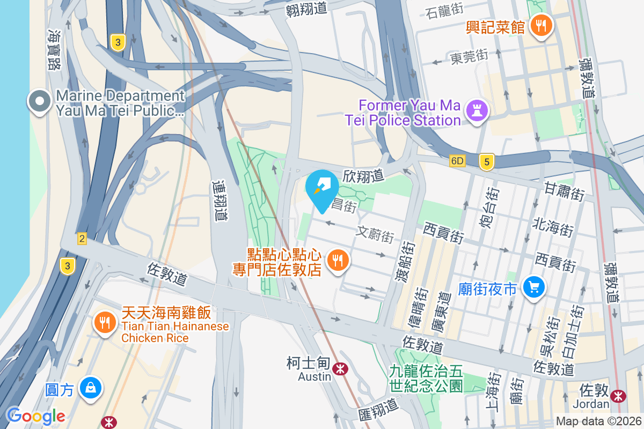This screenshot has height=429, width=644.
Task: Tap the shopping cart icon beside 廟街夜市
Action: coord(534,287)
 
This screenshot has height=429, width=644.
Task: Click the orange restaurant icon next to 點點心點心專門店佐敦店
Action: coord(338,261)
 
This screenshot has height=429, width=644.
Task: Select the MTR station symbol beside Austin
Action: coord(339,368)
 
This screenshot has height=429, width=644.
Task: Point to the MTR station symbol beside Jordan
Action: coord(619,396)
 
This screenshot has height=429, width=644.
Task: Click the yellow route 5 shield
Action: coord(486,161)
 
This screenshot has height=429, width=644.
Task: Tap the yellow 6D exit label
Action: coord(457,161)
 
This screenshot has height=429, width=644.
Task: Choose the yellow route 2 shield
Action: coord(82,239)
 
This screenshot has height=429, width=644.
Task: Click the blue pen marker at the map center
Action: coord(322,187)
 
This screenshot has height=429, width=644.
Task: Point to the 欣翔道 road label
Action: coord(363,175)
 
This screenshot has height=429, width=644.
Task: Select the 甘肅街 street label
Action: coord(564,191)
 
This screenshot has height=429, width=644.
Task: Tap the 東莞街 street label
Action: coord(469,56)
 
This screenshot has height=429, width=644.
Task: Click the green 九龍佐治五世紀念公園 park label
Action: coord(426,378)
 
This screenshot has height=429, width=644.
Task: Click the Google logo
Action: coord(36,416)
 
